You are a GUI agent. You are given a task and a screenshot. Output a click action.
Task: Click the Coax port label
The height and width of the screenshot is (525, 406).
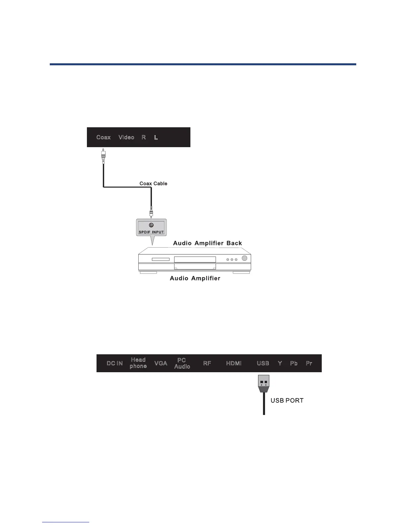(103, 137)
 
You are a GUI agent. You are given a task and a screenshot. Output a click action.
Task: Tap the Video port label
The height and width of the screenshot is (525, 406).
(126, 137)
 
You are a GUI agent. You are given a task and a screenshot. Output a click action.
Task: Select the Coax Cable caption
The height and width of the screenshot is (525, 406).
(153, 184)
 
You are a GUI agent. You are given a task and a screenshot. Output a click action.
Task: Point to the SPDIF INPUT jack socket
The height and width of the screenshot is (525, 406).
(151, 225)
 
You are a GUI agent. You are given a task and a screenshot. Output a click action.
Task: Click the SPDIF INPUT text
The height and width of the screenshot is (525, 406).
(151, 232)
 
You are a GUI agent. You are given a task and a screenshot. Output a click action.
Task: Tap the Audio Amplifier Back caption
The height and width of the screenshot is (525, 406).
(208, 243)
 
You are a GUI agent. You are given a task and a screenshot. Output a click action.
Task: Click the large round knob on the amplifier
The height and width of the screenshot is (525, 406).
(244, 259)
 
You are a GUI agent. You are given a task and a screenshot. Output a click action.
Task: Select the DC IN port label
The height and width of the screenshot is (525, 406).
(115, 363)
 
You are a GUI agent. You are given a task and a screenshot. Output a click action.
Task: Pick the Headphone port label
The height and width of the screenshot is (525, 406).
(138, 363)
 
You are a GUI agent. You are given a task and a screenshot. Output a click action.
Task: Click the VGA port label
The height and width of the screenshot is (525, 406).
(161, 363)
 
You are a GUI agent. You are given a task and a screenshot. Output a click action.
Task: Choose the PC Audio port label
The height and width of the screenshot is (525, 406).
(182, 363)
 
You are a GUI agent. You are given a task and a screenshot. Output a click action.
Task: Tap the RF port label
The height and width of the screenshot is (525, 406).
(207, 363)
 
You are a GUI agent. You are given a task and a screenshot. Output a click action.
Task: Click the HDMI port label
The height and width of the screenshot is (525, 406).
(234, 363)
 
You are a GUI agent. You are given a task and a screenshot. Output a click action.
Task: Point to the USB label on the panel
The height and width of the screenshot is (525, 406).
(263, 363)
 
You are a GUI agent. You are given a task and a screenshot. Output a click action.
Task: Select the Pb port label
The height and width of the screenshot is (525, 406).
(294, 363)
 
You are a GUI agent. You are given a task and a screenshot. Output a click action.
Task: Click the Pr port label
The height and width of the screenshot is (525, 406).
(309, 363)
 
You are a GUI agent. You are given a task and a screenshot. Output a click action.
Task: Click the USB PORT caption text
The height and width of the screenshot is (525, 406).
(287, 400)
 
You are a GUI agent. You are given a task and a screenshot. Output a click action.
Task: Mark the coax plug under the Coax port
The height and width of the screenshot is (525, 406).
(104, 156)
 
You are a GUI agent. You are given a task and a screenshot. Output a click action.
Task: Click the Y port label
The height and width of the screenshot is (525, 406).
(280, 363)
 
